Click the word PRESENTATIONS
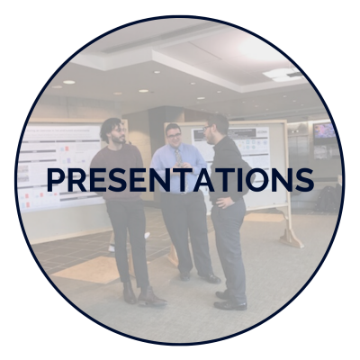point(180,180)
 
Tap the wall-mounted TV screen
point(324,130)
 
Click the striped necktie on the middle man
point(178,157)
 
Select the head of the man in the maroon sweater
point(113,130)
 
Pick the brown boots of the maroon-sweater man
point(142,294)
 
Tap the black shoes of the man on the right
point(230,301)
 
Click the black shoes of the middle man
point(201,277)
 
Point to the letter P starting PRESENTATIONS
point(56,180)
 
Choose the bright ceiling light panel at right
point(282,74)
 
